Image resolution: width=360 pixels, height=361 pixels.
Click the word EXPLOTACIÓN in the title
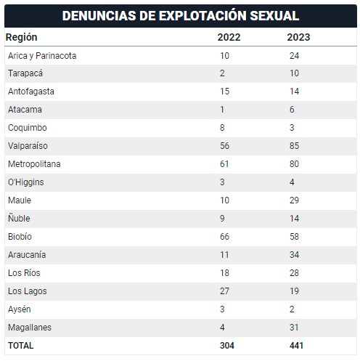click(x=202, y=16)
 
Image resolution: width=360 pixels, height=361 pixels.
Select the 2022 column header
click(x=229, y=37)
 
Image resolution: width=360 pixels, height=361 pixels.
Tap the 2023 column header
click(x=298, y=37)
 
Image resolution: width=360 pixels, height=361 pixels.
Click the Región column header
click(x=22, y=38)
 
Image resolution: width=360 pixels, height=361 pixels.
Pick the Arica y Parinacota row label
click(x=42, y=56)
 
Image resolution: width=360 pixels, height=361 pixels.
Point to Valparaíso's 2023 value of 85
click(x=294, y=146)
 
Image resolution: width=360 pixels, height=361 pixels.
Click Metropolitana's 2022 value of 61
click(x=224, y=164)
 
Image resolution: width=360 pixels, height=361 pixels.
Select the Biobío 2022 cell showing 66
click(x=224, y=237)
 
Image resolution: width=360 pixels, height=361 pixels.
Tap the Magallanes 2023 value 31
click(x=294, y=328)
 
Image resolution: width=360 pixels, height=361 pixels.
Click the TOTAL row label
click(x=21, y=346)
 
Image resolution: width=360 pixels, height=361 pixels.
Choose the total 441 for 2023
click(x=296, y=346)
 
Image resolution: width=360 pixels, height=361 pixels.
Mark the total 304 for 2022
click(x=227, y=346)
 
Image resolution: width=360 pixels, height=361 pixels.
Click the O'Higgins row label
click(x=26, y=182)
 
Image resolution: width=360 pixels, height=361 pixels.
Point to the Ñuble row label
click(x=19, y=218)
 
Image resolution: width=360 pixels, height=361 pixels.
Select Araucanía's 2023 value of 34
click(x=294, y=255)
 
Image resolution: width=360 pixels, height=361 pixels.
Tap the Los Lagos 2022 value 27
click(x=224, y=291)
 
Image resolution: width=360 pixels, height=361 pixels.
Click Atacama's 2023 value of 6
click(x=292, y=110)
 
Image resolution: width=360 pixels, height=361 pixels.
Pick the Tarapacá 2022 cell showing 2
click(x=222, y=73)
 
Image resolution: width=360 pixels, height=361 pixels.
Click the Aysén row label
click(x=20, y=309)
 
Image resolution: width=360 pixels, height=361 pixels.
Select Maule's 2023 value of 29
click(x=294, y=200)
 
